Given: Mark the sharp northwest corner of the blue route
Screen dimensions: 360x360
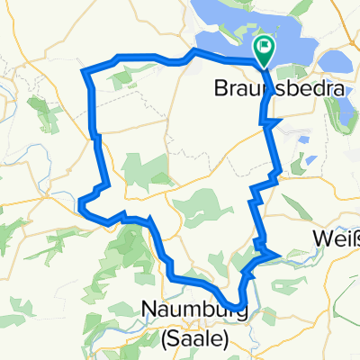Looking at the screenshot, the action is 84,70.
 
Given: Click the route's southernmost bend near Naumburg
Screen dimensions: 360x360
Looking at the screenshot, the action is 240,305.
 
